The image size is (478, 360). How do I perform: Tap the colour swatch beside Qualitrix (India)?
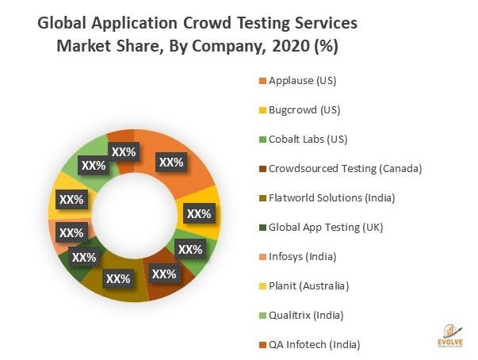pyautogui.click(x=262, y=315)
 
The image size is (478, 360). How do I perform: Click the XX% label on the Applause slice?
pyautogui.click(x=171, y=163)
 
